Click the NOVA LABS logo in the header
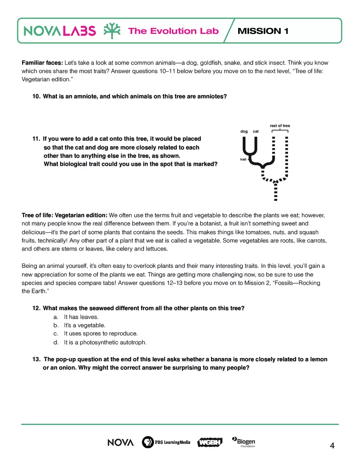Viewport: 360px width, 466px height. (60, 31)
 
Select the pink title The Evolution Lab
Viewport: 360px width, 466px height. (173, 31)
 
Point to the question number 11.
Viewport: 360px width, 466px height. (36, 139)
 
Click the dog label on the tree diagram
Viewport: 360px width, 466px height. (244, 131)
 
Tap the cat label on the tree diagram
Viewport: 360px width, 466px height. (256, 131)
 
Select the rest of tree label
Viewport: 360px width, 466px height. (280, 126)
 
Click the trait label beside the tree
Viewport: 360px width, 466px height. (243, 159)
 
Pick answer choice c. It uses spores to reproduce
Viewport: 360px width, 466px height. (101, 333)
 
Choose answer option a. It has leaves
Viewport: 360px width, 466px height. (81, 317)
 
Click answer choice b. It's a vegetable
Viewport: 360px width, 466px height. (84, 325)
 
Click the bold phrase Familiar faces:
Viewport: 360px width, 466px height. (42, 63)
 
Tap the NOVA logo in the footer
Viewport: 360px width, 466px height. (121, 442)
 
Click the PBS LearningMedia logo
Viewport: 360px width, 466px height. (166, 442)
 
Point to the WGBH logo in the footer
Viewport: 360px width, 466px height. (210, 442)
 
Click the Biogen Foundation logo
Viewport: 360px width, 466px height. (244, 442)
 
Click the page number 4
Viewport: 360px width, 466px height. (332, 446)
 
